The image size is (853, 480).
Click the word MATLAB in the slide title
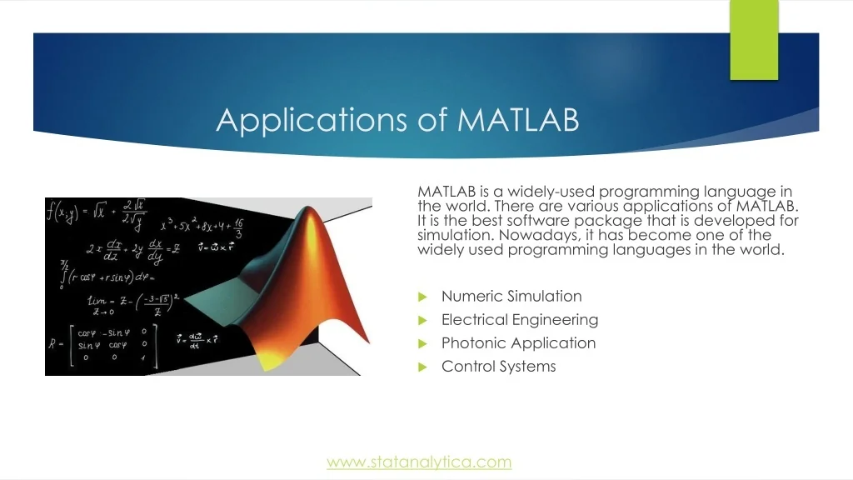[518, 119]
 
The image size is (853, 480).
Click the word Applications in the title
[312, 121]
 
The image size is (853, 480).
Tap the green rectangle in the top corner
[754, 40]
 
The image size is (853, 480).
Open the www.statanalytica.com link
[419, 462]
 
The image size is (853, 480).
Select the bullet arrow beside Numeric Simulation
[422, 297]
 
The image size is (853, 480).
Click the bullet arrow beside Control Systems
[422, 367]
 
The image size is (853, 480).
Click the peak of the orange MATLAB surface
[308, 207]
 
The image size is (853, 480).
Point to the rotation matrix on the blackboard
[103, 345]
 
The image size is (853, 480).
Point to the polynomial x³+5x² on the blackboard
[202, 227]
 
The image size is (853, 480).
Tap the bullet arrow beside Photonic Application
[422, 343]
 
